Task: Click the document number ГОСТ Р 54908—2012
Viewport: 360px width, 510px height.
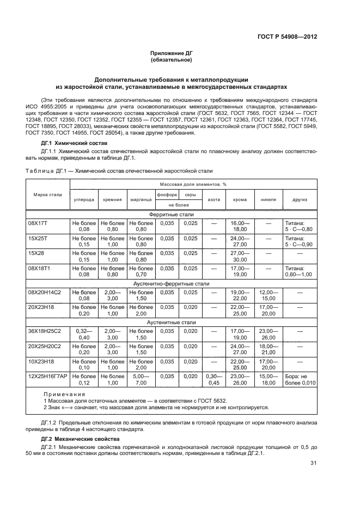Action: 287,37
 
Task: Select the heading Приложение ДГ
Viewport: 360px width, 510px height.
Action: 172,53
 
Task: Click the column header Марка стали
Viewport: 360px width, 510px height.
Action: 47,195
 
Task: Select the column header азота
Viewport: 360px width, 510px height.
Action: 214,199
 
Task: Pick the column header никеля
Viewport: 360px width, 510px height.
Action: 268,199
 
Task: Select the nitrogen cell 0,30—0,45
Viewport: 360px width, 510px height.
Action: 214,379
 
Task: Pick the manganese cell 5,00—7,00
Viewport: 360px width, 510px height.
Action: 141,379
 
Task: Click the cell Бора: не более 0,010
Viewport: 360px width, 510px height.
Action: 300,379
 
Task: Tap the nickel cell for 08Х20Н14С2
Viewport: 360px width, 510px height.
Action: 268,295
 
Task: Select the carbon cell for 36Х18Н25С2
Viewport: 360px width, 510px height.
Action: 84,333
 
